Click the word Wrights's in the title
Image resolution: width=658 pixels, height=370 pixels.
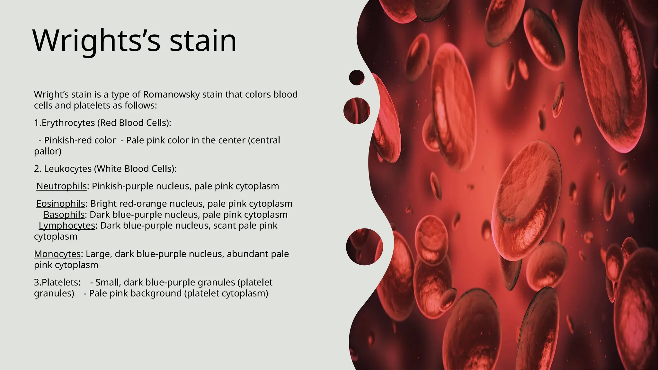tap(96, 41)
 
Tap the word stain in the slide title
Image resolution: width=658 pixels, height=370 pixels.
tap(203, 41)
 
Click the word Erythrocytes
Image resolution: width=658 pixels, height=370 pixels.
tap(68, 123)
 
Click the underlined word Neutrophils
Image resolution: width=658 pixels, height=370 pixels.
tap(61, 186)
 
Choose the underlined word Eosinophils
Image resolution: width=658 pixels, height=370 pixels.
tap(61, 204)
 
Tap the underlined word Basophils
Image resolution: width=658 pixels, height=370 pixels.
tap(64, 215)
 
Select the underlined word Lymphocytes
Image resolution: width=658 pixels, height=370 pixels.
tap(67, 225)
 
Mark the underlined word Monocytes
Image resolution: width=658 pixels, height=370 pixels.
tap(57, 254)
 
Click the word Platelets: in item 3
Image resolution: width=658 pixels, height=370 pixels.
tap(61, 282)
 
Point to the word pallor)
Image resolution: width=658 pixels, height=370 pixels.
tap(48, 151)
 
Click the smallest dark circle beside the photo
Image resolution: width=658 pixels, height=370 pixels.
tap(357, 77)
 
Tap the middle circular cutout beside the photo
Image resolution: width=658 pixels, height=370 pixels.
tap(357, 111)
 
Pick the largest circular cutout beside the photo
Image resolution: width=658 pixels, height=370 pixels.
tap(364, 247)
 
